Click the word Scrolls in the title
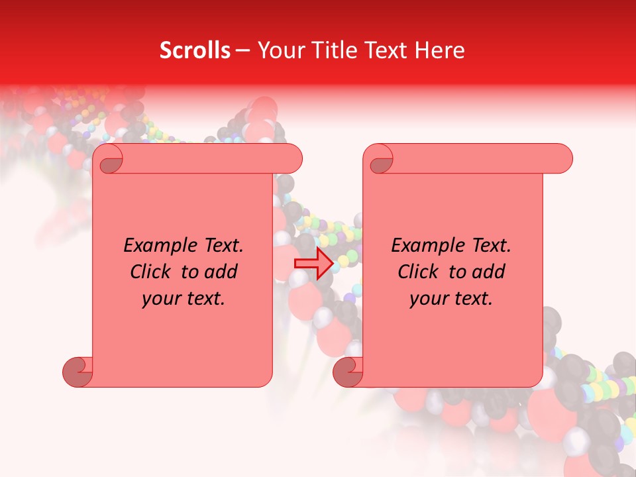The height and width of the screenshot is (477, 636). pos(195,50)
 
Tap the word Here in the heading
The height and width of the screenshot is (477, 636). pos(440,50)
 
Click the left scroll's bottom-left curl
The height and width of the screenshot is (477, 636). pos(78,372)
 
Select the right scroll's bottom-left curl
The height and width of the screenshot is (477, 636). pos(348,372)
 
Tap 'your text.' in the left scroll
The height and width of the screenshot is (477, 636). pos(184,299)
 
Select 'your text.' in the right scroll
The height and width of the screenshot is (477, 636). pos(451,299)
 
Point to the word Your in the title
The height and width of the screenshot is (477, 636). pos(278,50)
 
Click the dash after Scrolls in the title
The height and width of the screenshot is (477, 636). pos(242,50)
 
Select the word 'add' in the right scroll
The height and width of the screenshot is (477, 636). pos(488,272)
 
